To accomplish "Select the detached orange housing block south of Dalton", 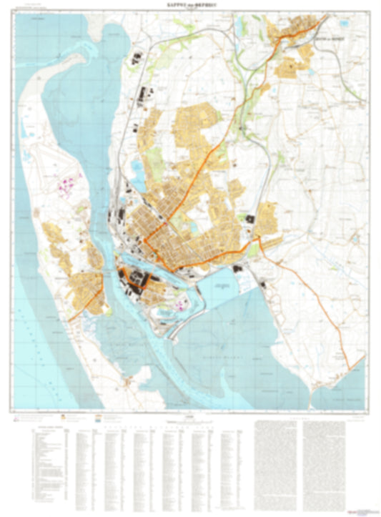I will click(x=290, y=68).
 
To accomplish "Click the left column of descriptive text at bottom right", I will click(x=274, y=458).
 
